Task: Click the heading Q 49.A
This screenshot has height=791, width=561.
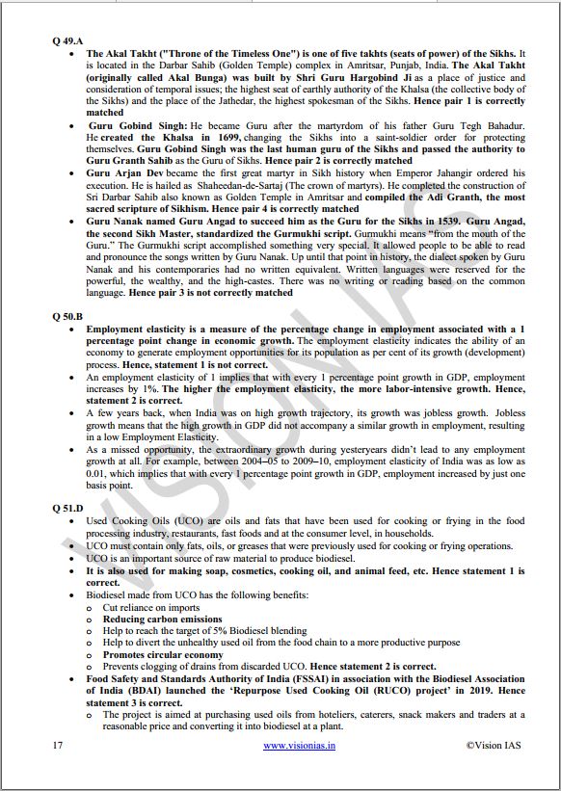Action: (x=67, y=41)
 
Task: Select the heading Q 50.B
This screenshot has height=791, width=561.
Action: (x=67, y=315)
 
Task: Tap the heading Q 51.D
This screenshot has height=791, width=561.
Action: (x=67, y=506)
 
